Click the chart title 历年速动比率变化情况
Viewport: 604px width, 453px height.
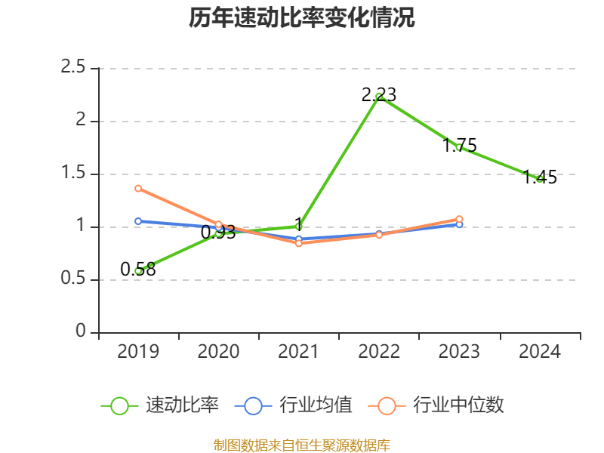(x=302, y=18)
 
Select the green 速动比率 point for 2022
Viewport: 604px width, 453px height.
(x=379, y=97)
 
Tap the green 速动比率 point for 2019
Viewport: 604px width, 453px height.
(x=138, y=270)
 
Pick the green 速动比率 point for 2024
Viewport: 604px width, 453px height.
(x=539, y=178)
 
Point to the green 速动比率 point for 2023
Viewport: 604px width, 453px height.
(x=459, y=147)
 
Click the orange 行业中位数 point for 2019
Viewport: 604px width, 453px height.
(x=138, y=188)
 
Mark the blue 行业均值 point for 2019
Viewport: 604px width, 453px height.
(x=138, y=221)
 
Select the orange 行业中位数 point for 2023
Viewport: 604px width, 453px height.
(x=459, y=219)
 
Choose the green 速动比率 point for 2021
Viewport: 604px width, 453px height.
(x=299, y=226)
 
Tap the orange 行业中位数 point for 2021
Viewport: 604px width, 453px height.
(x=299, y=243)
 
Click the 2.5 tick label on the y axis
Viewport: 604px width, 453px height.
(x=75, y=68)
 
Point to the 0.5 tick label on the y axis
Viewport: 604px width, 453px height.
(x=75, y=279)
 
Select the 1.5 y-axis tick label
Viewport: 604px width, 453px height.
(x=75, y=174)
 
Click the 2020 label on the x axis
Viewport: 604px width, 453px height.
(x=219, y=352)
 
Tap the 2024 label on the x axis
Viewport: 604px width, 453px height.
(x=539, y=352)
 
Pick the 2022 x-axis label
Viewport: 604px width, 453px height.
(x=379, y=352)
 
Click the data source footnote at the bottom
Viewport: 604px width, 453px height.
(x=302, y=445)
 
